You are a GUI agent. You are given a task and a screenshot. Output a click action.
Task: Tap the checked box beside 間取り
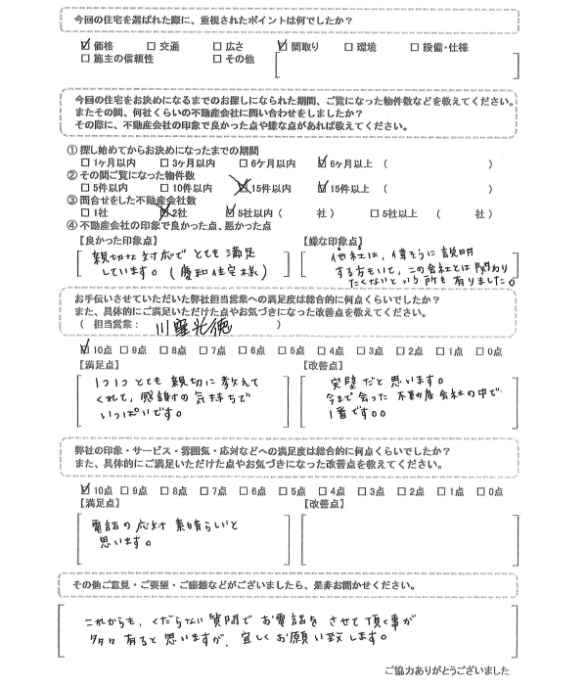282,45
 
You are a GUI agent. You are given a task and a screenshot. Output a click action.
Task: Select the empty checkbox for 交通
151,46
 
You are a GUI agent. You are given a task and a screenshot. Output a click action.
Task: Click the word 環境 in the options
369,46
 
